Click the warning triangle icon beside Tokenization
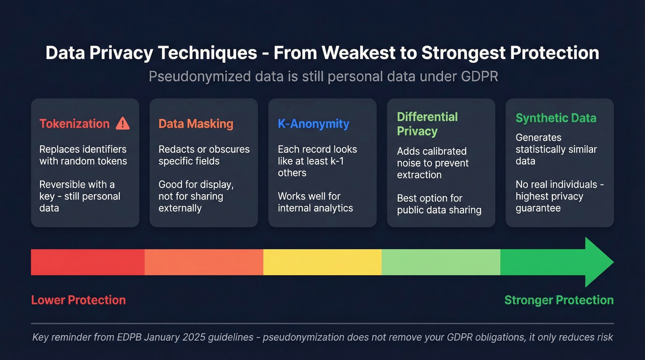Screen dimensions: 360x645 [x=123, y=123]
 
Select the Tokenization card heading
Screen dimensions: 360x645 [x=75, y=124]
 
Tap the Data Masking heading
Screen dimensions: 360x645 [x=196, y=124]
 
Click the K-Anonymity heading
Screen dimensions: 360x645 [x=313, y=124]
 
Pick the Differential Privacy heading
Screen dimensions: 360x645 [x=427, y=124]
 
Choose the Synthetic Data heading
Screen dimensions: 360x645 [x=556, y=118]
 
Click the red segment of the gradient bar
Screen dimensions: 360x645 [x=88, y=262]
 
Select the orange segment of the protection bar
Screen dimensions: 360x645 [x=204, y=262]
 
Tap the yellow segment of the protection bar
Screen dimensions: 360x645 [x=322, y=262]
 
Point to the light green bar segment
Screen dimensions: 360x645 [x=440, y=262]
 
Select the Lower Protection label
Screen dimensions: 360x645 [x=78, y=300]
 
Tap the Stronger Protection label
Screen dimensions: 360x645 [x=559, y=300]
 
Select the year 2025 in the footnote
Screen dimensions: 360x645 [x=193, y=337]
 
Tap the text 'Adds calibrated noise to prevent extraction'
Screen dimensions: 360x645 [x=433, y=163]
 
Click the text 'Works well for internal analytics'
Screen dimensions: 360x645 [x=315, y=202]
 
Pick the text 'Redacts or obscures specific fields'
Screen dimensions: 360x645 [x=204, y=155]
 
